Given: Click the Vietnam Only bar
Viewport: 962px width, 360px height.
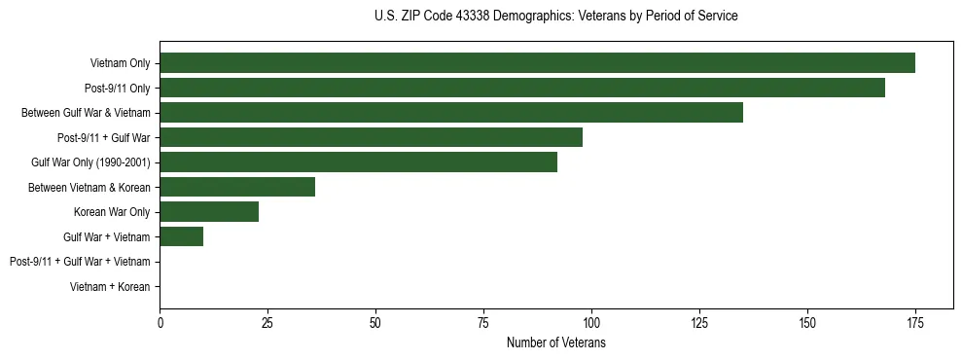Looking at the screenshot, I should [537, 63].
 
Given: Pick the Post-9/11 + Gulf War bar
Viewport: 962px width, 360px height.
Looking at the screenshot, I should [371, 137].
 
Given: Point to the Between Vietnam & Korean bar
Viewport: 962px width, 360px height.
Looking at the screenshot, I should [237, 187].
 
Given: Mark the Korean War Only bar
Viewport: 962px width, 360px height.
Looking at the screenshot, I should [209, 211].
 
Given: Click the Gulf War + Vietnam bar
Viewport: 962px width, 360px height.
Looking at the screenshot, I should [181, 236].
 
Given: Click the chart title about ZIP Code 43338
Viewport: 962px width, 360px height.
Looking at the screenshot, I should [555, 17].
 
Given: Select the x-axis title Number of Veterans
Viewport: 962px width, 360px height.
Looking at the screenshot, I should [555, 343].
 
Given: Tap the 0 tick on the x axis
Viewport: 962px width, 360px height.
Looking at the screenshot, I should [160, 323].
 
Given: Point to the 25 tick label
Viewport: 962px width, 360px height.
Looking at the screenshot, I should [267, 323].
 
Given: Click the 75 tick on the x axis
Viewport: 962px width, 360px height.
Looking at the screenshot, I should [483, 323].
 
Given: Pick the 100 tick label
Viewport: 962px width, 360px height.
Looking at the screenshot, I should [591, 323].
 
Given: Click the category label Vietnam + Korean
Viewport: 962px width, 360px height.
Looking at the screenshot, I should [110, 287].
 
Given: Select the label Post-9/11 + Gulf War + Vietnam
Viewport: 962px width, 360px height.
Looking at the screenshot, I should [80, 262].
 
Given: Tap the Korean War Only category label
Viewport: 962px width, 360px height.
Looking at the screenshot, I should [112, 212].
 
